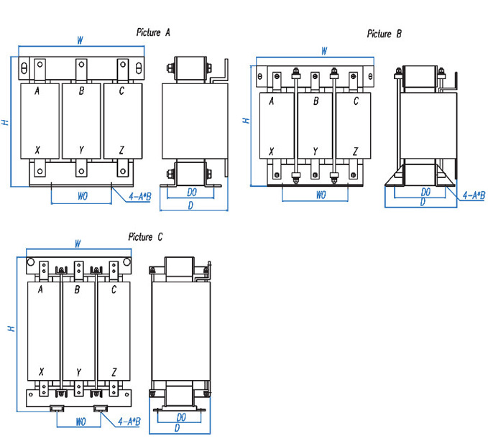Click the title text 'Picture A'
coord(152,32)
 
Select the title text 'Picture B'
coord(384,34)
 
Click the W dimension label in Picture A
coord(80,41)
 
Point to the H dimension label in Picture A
coord(5,123)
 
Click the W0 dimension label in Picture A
coord(82,195)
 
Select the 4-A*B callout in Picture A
coord(139,195)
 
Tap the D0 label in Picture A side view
coord(192,192)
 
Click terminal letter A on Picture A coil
coord(36,90)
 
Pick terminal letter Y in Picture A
coord(81,149)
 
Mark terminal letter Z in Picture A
coord(122,149)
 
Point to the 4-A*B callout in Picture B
coord(473,195)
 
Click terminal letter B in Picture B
coord(316,102)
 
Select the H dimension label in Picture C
coord(11,328)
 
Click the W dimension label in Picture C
coord(77,244)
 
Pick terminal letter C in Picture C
coord(114,289)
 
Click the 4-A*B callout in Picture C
coord(129,422)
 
